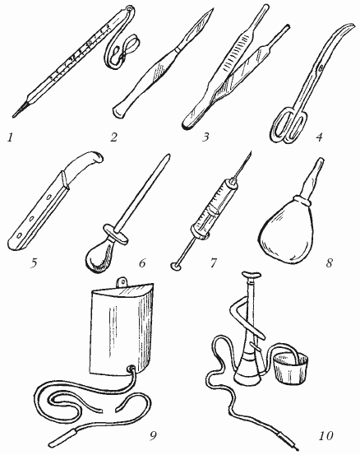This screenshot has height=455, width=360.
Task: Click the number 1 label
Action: click(x=11, y=137)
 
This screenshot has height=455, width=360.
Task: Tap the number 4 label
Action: click(x=319, y=137)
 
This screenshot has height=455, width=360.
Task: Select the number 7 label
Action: click(x=214, y=263)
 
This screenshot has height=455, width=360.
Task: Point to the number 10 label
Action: click(x=325, y=435)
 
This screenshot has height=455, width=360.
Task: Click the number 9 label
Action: click(x=153, y=436)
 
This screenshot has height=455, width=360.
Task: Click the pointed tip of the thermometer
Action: click(x=14, y=116)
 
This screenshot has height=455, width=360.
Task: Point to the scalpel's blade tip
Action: click(x=212, y=10)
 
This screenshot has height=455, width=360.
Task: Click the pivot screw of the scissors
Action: click(x=321, y=68)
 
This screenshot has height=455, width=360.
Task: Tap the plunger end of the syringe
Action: click(x=176, y=266)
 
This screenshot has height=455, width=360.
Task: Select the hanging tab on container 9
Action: click(x=123, y=282)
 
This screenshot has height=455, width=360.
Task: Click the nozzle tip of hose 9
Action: click(x=63, y=439)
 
